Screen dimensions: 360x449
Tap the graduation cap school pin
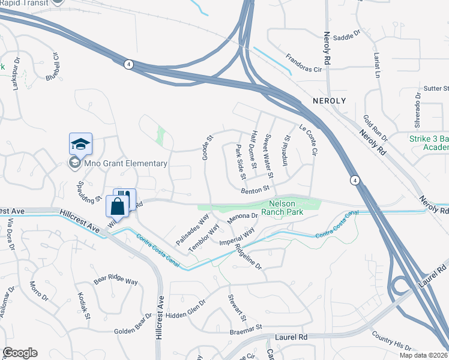[80, 145]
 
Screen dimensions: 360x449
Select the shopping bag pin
[118, 207]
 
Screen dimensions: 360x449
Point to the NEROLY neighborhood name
[330, 101]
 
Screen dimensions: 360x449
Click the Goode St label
[207, 146]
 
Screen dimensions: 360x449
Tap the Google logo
[20, 353]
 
